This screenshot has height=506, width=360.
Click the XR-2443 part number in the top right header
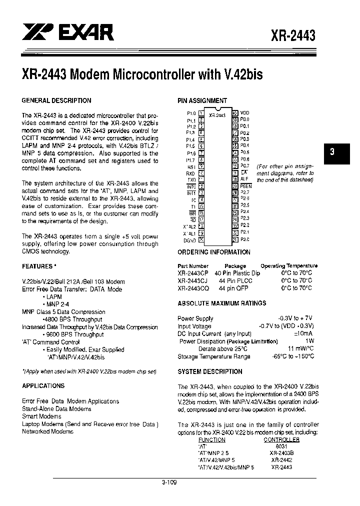293,36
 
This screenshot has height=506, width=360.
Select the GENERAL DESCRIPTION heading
56,100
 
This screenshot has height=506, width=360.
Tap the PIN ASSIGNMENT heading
202,100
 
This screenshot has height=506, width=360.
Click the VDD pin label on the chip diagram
244,113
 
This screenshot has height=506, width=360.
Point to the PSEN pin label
246,185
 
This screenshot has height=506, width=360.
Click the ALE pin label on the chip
244,178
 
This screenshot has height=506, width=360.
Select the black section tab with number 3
332,153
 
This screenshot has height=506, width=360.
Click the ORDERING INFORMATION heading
214,252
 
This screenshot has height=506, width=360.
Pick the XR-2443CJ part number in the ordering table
193,281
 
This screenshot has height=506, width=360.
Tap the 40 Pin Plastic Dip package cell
237,273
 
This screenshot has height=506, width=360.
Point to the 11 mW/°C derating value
300,349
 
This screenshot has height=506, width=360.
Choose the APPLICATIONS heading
43,386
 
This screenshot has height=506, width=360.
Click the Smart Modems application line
41,416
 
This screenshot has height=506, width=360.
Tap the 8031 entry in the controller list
281,446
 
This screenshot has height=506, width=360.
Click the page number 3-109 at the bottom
169,482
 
